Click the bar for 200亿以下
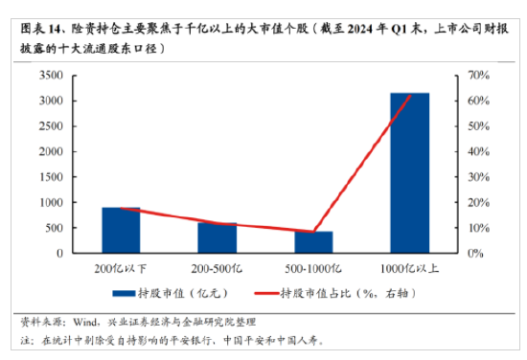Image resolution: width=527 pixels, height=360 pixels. [121, 230]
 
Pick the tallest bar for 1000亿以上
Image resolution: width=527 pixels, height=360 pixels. [409, 172]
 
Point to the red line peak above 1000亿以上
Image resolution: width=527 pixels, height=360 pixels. [409, 96]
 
